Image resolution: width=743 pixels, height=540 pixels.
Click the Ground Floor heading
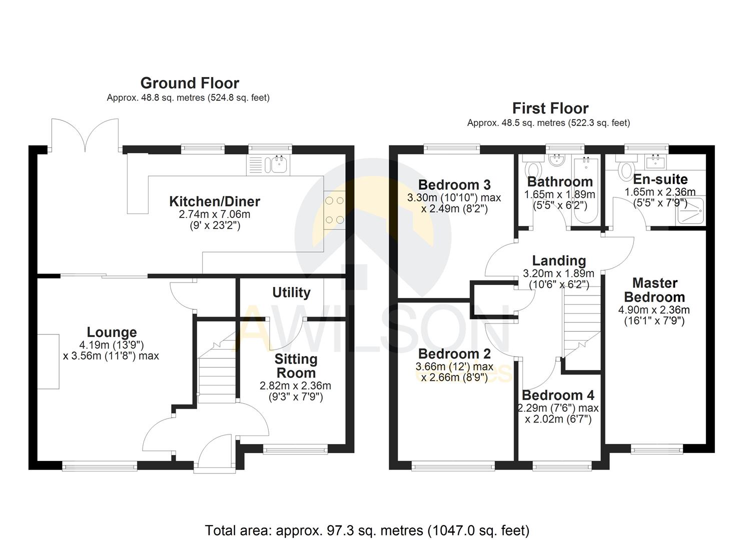[189, 83]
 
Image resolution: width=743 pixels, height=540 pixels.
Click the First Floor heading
[550, 108]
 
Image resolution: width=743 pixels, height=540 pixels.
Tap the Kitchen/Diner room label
[215, 201]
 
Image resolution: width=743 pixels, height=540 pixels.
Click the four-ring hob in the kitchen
[334, 210]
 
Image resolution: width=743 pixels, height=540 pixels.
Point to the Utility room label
[291, 292]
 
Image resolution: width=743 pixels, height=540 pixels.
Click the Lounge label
[112, 332]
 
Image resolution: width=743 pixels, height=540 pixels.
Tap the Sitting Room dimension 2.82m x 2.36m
[295, 386]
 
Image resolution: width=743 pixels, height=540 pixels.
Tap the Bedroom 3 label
[454, 185]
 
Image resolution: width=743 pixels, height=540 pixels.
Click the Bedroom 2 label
[454, 354]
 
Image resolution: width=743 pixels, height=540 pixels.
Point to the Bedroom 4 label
[558, 395]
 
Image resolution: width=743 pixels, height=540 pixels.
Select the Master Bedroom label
[654, 290]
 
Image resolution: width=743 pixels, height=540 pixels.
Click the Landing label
[559, 260]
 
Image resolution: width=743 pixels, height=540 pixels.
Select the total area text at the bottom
[367, 530]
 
